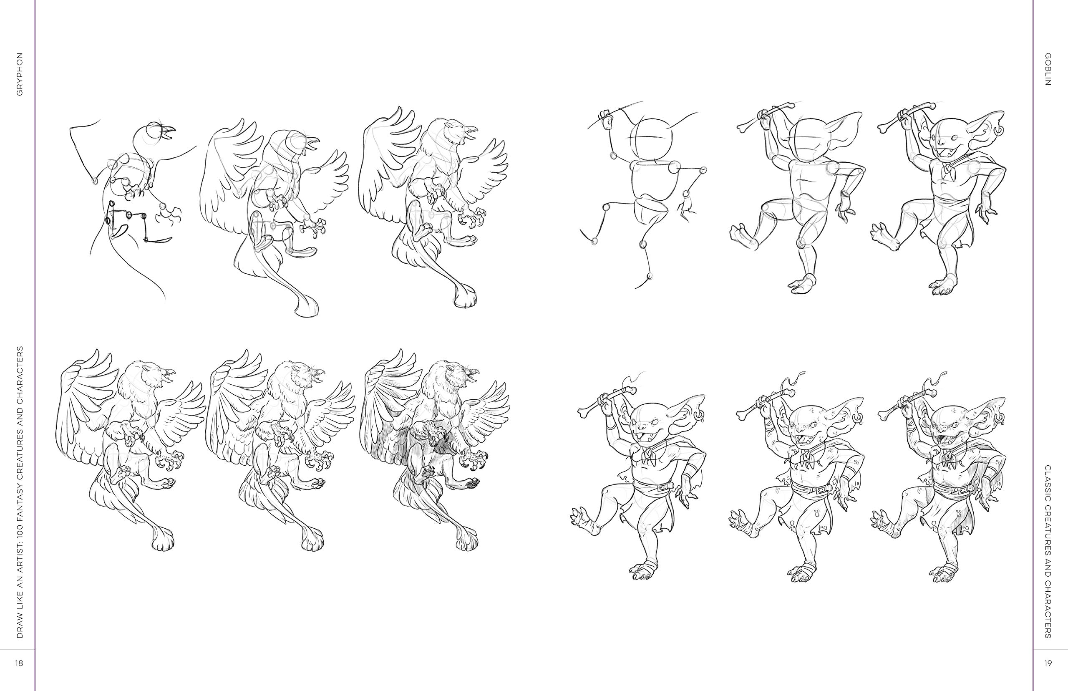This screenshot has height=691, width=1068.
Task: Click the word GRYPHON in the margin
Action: [19, 75]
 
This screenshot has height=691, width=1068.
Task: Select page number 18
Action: [19, 663]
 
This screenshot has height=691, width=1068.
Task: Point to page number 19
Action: [1049, 663]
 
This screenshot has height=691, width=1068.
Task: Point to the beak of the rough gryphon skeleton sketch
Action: [167, 131]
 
